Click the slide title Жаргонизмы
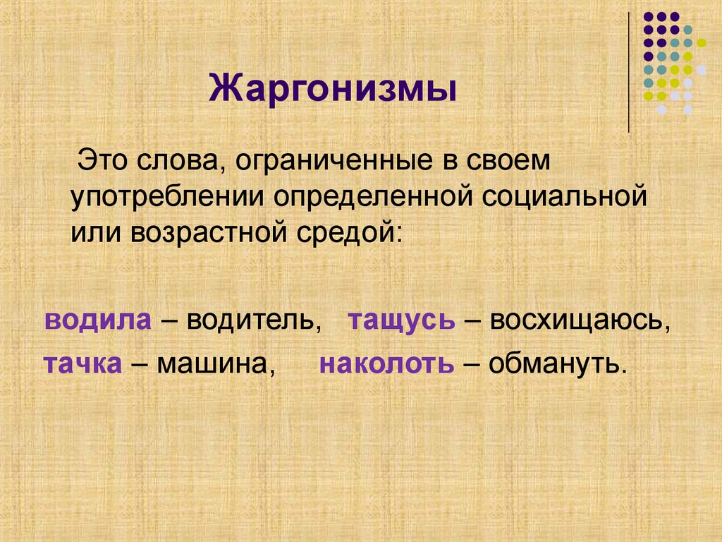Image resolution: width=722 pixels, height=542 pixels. point(333,91)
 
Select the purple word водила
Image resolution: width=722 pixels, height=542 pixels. point(98,320)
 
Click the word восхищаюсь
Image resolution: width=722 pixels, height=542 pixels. point(578,322)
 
